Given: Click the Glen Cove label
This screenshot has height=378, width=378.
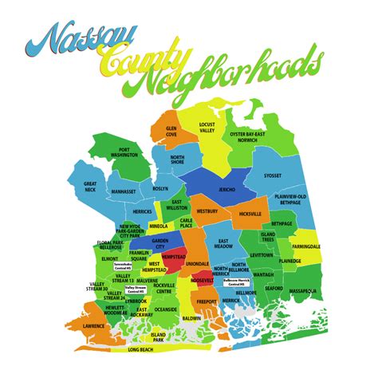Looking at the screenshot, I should tap(171, 130).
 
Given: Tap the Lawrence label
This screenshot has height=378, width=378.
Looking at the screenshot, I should tap(93, 326).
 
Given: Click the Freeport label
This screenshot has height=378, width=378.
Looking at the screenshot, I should tap(207, 301).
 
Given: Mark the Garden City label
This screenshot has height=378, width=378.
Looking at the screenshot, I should tap(160, 242).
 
